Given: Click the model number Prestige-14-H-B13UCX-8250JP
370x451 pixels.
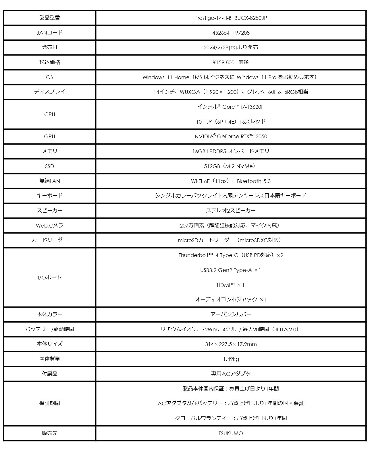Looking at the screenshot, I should coord(231,18).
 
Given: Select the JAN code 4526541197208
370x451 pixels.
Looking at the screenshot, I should coord(231,33).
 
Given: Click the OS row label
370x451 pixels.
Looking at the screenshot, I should coord(49,77).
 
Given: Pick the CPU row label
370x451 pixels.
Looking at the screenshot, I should coord(49,114).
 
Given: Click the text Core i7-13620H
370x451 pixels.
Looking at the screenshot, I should coord(243,107).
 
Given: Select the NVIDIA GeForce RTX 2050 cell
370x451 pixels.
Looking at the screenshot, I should coord(231,137).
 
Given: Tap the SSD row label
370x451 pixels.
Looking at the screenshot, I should coord(49,166).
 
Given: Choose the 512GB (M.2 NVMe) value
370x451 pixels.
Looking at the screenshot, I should coord(231,166).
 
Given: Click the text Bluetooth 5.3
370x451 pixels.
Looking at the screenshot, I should coord(254,181).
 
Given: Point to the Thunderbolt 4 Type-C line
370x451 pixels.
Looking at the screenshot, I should coord(231,255).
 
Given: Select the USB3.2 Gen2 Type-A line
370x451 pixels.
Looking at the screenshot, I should coord(231,270).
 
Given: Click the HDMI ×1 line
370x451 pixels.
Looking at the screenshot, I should coord(231,285).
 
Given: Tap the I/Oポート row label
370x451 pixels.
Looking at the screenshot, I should coord(49,277).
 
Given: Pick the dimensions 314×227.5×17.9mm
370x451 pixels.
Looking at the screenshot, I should coord(231,344).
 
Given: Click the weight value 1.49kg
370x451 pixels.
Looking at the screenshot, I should coord(231,359).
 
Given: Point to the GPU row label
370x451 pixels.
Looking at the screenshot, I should coord(49,137).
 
